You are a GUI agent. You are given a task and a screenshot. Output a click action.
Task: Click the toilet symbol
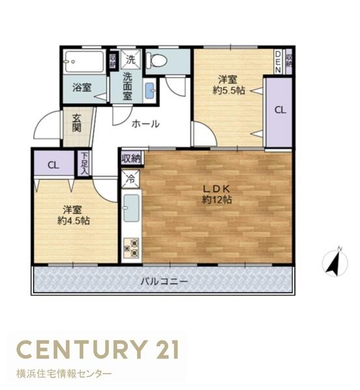point(156,60)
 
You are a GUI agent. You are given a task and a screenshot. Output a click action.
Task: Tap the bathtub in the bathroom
point(84,61)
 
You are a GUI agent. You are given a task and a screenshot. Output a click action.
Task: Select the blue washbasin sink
point(149,90)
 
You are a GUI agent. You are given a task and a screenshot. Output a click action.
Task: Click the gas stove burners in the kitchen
point(131,248)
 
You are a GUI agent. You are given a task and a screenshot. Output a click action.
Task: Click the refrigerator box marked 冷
point(131,179)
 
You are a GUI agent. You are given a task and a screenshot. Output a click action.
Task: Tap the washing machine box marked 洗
point(131,59)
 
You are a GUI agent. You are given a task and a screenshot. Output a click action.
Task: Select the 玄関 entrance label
point(77,123)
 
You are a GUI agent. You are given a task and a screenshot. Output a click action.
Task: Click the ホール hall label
point(146,123)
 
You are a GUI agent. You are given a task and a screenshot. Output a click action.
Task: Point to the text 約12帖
point(217,200)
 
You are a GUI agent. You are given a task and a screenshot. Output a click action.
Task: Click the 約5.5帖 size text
point(229,90)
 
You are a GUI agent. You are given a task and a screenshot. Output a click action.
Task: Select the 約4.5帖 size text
point(73,220)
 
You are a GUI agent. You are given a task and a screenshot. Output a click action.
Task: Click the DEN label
point(278,62)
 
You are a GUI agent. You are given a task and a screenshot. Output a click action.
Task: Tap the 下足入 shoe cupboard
point(84,163)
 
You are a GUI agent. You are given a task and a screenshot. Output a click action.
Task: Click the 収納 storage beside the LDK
point(131,159)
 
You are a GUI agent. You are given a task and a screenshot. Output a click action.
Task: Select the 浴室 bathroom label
point(82,88)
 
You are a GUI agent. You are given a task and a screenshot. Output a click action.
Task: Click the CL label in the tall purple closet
point(280,110)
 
